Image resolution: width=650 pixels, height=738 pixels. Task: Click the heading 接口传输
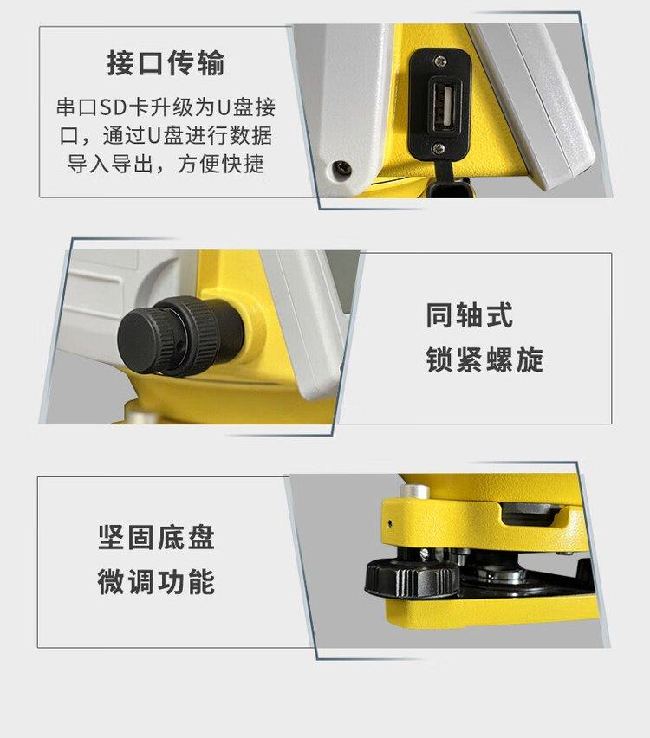pyautogui.click(x=166, y=63)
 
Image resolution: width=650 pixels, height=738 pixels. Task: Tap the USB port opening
pyautogui.click(x=444, y=105)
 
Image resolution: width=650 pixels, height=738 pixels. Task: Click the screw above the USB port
pyautogui.click(x=440, y=61)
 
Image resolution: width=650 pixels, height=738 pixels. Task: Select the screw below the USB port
pyautogui.click(x=439, y=148)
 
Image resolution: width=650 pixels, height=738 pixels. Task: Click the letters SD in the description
pyautogui.click(x=113, y=107)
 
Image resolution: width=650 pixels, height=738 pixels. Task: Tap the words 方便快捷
pyautogui.click(x=220, y=165)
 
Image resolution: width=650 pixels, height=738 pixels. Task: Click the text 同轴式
pyautogui.click(x=469, y=315)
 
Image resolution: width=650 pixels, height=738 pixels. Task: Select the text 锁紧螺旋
pyautogui.click(x=484, y=360)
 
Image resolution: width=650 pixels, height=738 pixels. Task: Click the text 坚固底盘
pyautogui.click(x=156, y=538)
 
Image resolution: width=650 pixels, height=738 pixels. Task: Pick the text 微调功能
pyautogui.click(x=156, y=582)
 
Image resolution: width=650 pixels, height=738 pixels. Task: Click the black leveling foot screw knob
pyautogui.click(x=413, y=574)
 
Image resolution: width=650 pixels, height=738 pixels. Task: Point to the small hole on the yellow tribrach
pyautogui.click(x=389, y=522)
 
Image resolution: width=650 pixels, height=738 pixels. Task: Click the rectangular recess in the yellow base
pyautogui.click(x=530, y=514)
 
